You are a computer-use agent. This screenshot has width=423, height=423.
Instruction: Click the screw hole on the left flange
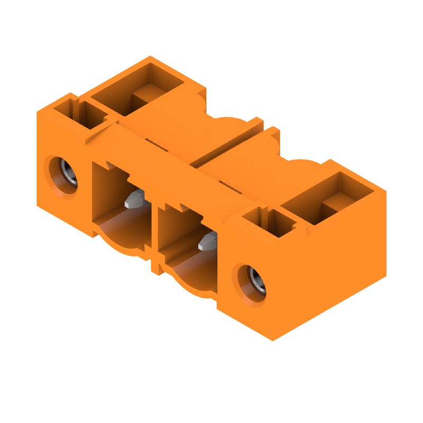(x=65, y=175)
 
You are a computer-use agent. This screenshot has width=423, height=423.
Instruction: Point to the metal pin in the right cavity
(x=207, y=242)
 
